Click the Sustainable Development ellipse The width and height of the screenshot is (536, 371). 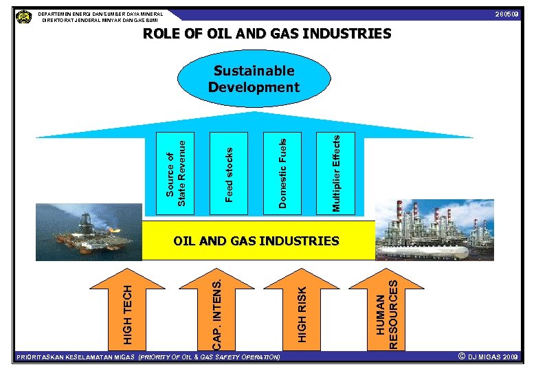coord(254,79)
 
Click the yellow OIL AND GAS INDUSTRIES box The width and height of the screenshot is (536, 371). coord(258,241)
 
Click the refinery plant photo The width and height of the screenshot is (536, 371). coord(434,229)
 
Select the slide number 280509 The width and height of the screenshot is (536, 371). coord(508,15)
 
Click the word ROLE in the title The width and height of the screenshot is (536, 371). coord(164,34)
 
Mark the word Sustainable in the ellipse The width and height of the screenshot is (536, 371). coord(254,71)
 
